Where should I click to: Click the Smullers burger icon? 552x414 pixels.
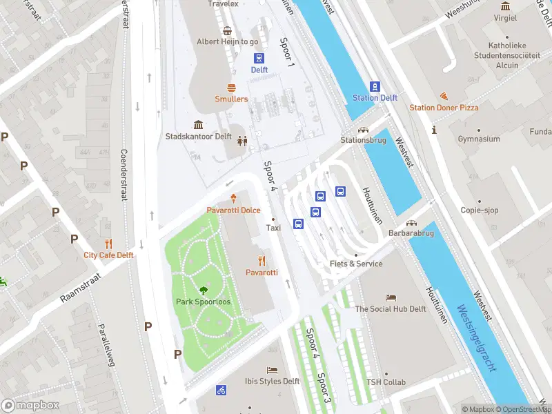(231, 88)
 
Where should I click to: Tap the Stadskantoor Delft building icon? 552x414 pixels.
(199, 125)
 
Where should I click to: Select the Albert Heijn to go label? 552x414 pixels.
(227, 41)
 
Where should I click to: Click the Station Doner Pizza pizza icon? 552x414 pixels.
(444, 96)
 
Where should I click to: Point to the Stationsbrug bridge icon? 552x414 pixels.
(362, 129)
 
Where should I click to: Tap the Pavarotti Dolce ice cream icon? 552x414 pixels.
(234, 198)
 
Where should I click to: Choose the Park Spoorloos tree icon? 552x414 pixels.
(203, 290)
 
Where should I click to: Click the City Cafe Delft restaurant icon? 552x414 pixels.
(108, 244)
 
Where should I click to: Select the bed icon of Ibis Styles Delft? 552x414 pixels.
(272, 370)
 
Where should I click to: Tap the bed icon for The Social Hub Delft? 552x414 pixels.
(391, 297)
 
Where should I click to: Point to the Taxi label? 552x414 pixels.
(274, 228)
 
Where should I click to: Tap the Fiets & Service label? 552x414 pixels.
(356, 264)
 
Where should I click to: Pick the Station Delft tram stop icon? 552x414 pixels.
(375, 86)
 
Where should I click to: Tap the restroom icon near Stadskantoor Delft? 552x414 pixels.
(242, 141)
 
